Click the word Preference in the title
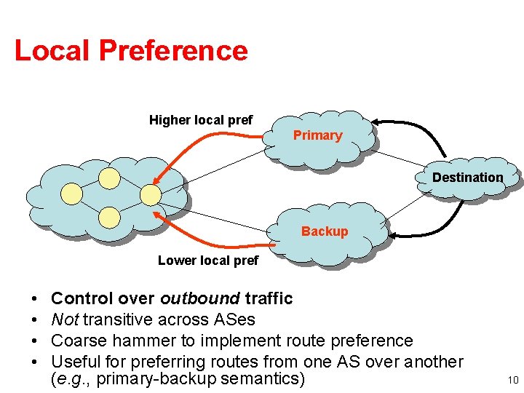coord(173,51)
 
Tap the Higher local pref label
coord(201,120)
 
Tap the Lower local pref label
coord(208,261)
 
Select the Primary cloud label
coord(317,135)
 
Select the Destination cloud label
coord(467,178)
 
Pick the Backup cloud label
coord(325,231)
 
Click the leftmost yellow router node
coord(71,194)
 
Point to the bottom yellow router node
coord(110,217)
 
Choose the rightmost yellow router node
coord(150,194)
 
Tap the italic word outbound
coord(200,298)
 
